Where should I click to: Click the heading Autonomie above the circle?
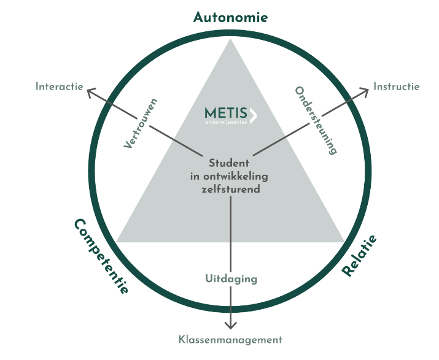[230, 17]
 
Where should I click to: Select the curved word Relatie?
[360, 256]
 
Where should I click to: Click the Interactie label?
[59, 86]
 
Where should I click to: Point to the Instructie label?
[397, 86]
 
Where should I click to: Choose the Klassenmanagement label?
[230, 339]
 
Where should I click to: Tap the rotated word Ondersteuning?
[317, 120]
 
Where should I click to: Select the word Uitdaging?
[230, 278]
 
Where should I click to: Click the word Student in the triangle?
[230, 164]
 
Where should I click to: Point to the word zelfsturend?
[230, 190]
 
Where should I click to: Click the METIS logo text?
[225, 113]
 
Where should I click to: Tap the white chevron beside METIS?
[254, 114]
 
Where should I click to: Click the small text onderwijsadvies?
[225, 122]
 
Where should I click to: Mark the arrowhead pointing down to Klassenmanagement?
[231, 326]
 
